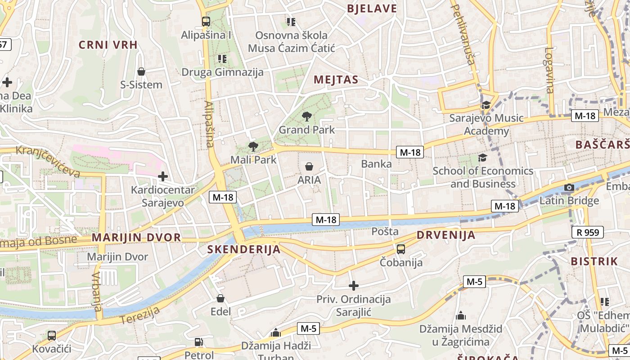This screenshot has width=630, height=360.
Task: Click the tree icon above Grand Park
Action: [307, 117]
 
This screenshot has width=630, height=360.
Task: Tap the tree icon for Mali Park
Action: [253, 146]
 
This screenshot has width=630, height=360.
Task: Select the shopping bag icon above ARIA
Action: [309, 166]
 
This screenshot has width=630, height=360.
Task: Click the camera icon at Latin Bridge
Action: [569, 187]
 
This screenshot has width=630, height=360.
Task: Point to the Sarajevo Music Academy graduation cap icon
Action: [486, 105]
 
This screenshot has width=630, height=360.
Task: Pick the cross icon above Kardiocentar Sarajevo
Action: [162, 176]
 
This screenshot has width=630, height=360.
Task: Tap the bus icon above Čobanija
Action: [400, 249]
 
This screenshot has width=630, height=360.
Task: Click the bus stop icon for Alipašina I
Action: [206, 21]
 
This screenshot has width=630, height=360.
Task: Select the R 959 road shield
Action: [587, 232]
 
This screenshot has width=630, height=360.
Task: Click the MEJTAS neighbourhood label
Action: [336, 80]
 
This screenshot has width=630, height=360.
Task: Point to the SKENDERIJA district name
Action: [244, 249]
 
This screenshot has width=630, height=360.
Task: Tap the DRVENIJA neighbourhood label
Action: [446, 235]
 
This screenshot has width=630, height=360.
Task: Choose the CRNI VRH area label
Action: [108, 45]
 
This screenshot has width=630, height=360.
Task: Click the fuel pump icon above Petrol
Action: [198, 342]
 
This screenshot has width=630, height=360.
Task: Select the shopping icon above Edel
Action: [220, 298]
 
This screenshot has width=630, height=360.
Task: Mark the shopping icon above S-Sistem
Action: [141, 72]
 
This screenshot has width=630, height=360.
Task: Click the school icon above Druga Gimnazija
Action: [222, 58]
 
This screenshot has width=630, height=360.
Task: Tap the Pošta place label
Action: [385, 231]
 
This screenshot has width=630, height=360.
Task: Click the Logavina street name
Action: [549, 70]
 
